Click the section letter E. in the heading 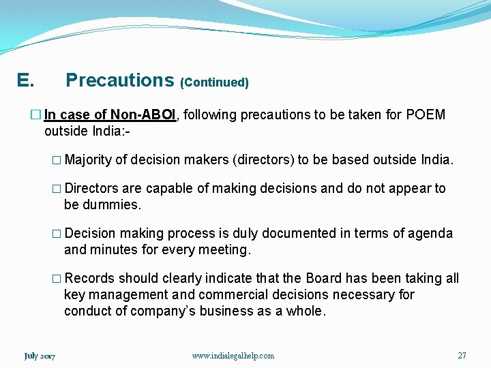(25, 81)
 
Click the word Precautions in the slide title (119, 80)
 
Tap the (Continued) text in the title (214, 82)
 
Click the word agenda (426, 234)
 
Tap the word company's (163, 311)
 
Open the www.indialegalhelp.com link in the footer (233, 356)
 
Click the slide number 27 (462, 356)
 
